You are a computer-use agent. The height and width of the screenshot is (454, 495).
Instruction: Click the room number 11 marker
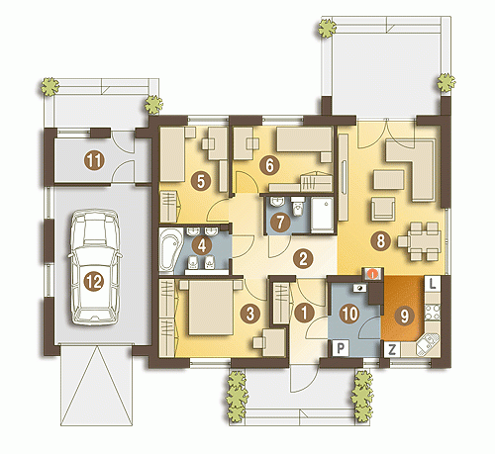94,160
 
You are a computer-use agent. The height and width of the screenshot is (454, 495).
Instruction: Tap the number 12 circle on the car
94,282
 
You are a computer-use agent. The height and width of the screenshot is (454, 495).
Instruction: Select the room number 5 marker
201,181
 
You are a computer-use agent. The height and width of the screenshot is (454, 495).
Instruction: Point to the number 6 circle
269,165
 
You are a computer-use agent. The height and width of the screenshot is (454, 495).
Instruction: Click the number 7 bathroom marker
280,222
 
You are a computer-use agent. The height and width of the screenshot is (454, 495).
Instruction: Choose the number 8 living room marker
380,240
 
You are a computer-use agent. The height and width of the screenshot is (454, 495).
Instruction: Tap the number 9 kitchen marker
404,317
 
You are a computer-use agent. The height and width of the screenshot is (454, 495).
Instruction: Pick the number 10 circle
349,314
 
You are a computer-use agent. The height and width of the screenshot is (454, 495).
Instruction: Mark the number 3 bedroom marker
250,314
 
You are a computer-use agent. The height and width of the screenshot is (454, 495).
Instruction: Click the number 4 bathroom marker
201,245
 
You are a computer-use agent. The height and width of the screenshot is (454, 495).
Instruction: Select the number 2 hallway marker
303,258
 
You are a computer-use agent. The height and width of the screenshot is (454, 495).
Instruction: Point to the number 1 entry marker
304,313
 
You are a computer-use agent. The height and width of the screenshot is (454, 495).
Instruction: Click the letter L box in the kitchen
432,284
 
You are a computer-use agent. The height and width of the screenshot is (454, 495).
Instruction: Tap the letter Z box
392,349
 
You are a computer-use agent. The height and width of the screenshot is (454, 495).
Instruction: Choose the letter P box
341,348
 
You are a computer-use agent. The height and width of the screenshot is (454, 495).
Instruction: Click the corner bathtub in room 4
170,250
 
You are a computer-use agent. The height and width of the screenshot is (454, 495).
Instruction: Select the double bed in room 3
210,308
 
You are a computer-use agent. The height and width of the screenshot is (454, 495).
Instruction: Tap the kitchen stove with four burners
433,313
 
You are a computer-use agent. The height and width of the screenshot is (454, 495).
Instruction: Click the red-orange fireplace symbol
373,274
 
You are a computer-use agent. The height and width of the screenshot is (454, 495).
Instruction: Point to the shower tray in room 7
322,215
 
